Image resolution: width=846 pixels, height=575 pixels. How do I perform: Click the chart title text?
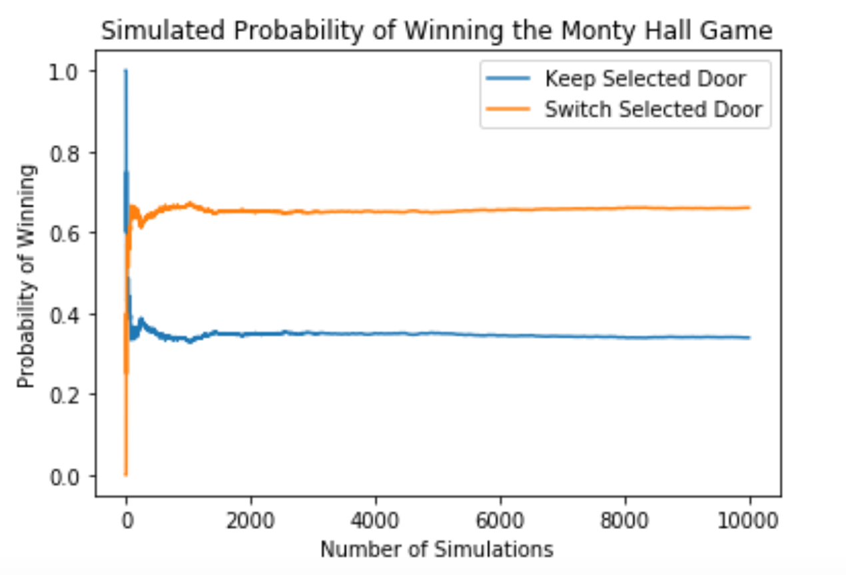tap(437, 31)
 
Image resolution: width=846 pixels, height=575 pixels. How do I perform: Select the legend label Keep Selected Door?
tap(645, 79)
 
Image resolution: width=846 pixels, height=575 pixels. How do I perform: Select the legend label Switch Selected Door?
tap(653, 109)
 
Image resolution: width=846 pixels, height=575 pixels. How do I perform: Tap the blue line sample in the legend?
tap(510, 79)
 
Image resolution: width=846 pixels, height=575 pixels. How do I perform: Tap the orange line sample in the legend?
tap(510, 109)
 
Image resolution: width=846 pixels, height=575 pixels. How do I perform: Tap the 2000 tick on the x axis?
tap(250, 522)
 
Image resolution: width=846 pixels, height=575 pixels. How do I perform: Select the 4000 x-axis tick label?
tap(376, 522)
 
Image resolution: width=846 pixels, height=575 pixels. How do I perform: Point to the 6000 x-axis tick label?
tap(500, 522)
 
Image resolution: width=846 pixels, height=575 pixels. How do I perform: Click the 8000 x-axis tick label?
tap(625, 522)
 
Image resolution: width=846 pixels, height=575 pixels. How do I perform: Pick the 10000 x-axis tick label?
tap(749, 522)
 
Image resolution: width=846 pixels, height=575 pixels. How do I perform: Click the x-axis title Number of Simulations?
tap(437, 550)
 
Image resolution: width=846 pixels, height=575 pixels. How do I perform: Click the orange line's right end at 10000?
tap(749, 208)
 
